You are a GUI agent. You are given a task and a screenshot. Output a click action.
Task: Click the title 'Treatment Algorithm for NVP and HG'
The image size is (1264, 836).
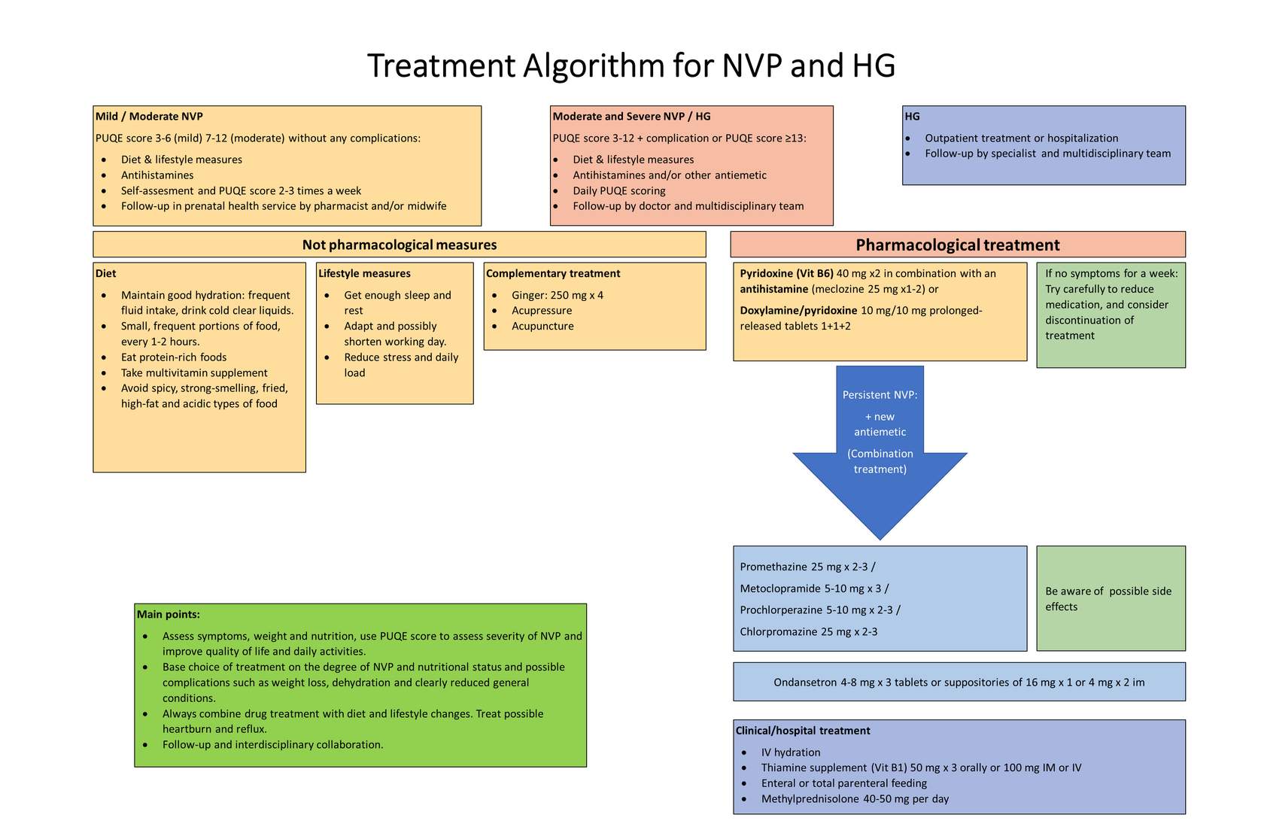coord(630,65)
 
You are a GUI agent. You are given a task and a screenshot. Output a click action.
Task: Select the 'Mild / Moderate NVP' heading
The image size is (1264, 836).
coord(149,117)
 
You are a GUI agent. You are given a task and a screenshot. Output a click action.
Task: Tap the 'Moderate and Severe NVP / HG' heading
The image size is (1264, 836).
coord(631,117)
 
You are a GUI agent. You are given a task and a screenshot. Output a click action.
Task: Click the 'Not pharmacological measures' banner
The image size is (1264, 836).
coord(400,245)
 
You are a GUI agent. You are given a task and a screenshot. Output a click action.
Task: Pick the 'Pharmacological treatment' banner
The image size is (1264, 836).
coord(958,245)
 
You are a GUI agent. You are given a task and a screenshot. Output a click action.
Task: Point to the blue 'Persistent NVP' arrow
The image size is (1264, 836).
coord(880,446)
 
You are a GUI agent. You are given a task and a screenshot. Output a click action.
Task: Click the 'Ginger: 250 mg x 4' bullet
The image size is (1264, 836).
coord(558,295)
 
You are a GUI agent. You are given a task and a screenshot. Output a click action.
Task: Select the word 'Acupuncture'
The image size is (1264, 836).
coord(542,327)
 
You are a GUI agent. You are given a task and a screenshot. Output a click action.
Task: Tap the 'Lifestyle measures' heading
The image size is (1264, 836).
coord(364,273)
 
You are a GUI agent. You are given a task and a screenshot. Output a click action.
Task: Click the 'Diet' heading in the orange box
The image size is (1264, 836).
coord(105,273)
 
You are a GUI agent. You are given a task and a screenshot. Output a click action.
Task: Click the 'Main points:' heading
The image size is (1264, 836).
coord(169,614)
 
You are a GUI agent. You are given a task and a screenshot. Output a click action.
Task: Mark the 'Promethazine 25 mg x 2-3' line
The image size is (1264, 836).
coord(807,567)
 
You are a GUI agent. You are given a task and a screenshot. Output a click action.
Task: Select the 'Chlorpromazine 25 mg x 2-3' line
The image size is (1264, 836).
coord(809,631)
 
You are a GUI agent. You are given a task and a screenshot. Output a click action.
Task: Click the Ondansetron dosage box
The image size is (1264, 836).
coord(959,682)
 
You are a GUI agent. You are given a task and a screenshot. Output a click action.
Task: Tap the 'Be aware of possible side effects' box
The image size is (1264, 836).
coord(1111,598)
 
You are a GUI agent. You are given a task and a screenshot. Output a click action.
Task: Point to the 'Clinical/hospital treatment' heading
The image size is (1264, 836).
coord(802,731)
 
